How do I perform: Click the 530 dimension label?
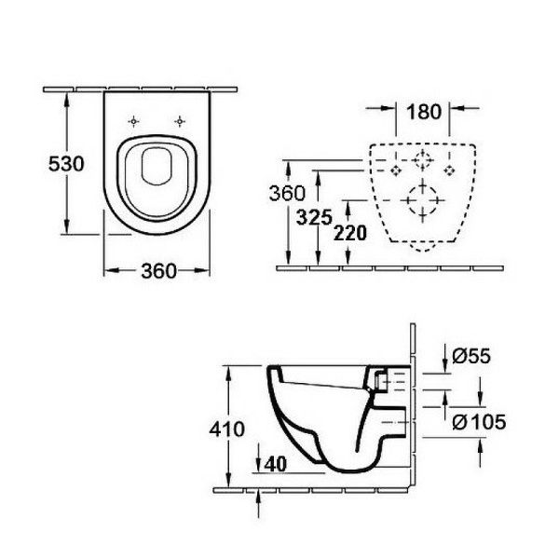click(x=66, y=164)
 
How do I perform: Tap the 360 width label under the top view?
click(x=159, y=271)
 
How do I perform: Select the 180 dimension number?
click(x=424, y=112)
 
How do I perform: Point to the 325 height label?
click(x=314, y=217)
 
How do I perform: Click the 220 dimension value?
click(x=350, y=233)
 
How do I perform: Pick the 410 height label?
click(x=226, y=429)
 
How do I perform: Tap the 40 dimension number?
click(x=276, y=464)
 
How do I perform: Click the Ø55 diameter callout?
click(x=471, y=356)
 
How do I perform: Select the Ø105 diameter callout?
click(x=479, y=422)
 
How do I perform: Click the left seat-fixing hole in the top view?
click(x=133, y=121)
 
